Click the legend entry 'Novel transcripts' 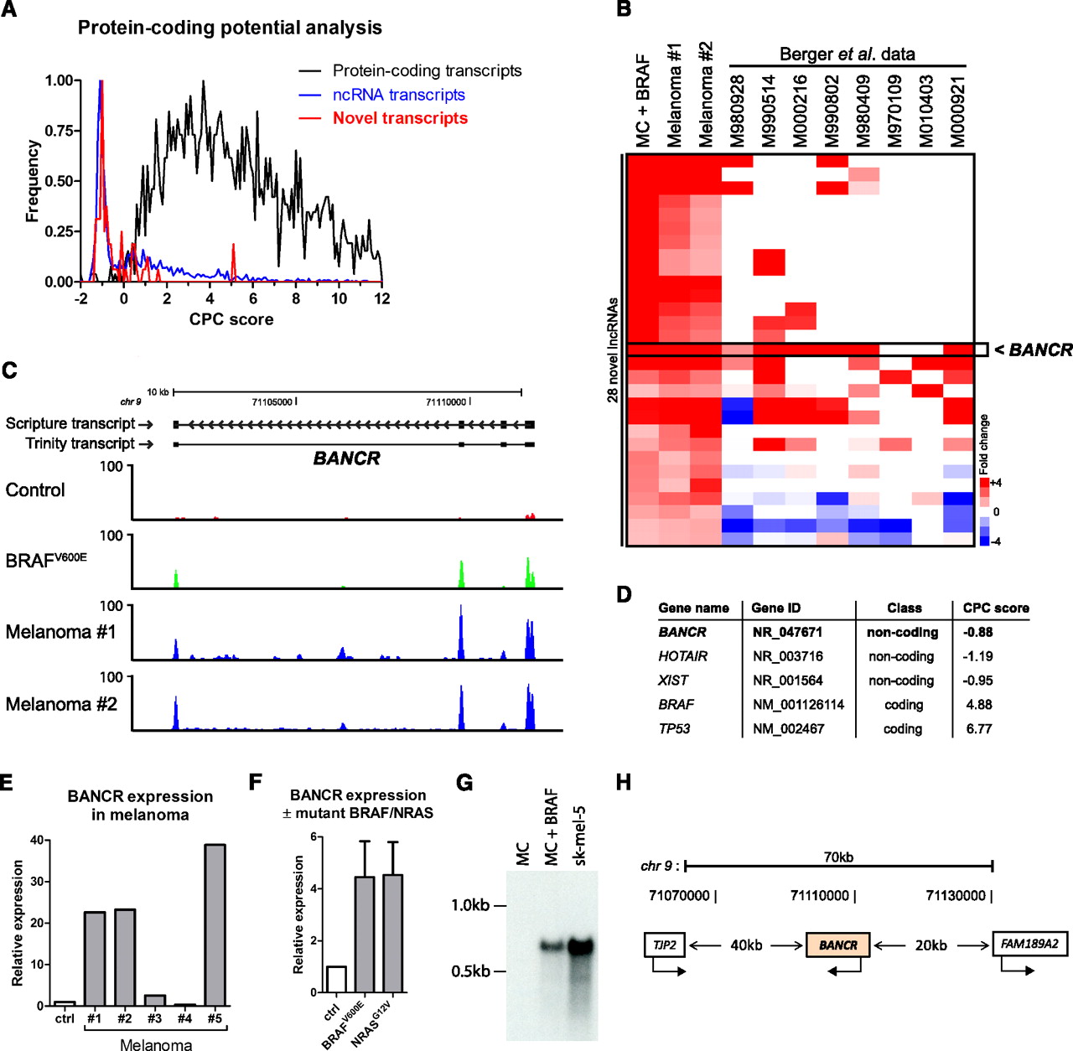coord(400,118)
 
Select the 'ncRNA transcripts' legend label coord(398,95)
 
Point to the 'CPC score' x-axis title coord(231,319)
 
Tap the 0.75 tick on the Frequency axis coord(59,131)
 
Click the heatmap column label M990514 coord(768,111)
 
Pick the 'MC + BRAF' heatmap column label coord(643,101)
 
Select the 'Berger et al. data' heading coord(847,54)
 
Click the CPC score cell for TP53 coord(979,729)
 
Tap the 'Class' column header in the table coord(904,608)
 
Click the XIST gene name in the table coord(673,681)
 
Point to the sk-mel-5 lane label coord(579,835)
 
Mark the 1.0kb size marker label coord(470,905)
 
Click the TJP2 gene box coord(665,945)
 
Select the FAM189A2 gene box coord(1029,944)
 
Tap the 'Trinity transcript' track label coord(80,443)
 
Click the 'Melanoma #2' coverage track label coord(61,704)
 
